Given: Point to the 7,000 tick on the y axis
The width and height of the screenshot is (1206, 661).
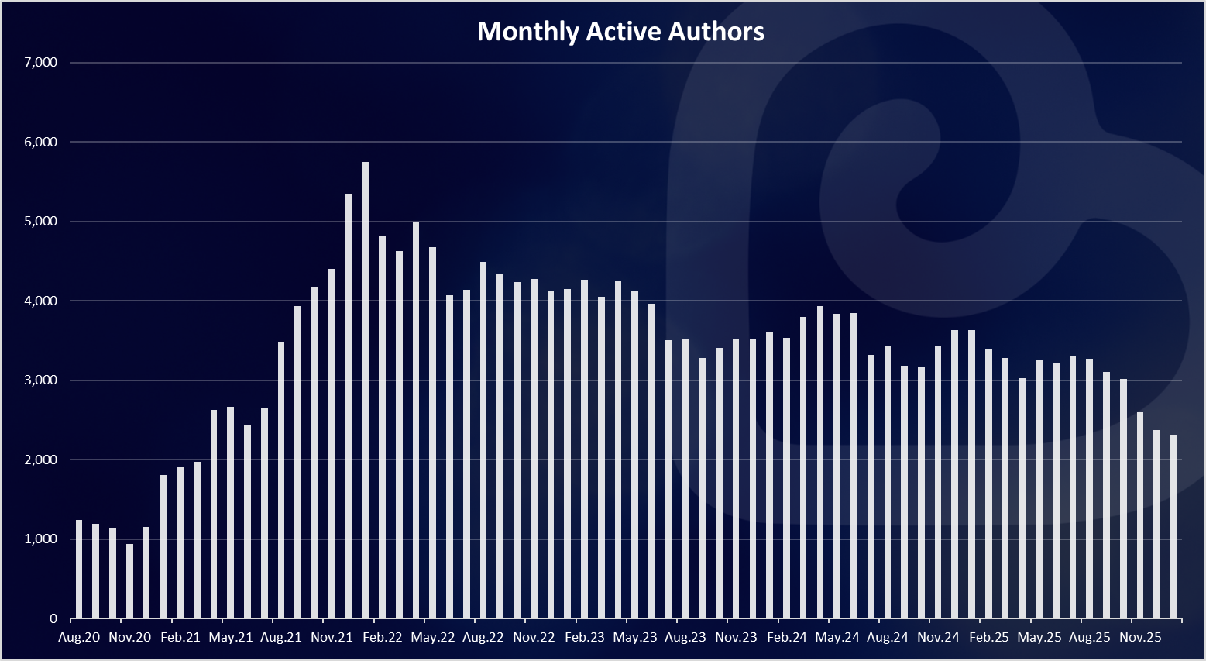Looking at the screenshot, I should click(41, 63).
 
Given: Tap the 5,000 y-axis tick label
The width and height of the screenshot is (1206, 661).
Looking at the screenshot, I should click(41, 222).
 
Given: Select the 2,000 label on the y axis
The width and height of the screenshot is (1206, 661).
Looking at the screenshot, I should click(41, 460).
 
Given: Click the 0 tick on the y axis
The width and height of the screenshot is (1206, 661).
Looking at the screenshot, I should click(53, 618).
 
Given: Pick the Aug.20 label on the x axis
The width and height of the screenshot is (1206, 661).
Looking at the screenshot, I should click(79, 638).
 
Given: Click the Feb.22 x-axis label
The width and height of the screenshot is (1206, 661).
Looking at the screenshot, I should click(383, 638).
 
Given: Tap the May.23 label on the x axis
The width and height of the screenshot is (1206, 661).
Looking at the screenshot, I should click(635, 638).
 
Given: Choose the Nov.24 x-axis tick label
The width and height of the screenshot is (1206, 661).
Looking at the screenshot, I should click(938, 638).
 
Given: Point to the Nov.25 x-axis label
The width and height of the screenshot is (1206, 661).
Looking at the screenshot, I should click(1140, 638).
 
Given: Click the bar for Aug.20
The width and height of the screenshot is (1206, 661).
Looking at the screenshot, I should click(79, 570).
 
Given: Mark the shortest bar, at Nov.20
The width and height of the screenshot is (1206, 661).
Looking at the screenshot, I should click(129, 581).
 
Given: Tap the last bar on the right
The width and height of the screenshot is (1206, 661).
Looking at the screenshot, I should click(1173, 527).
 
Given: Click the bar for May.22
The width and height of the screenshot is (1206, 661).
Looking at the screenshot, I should click(432, 433).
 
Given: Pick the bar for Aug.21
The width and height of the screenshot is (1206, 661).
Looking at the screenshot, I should click(281, 480).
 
